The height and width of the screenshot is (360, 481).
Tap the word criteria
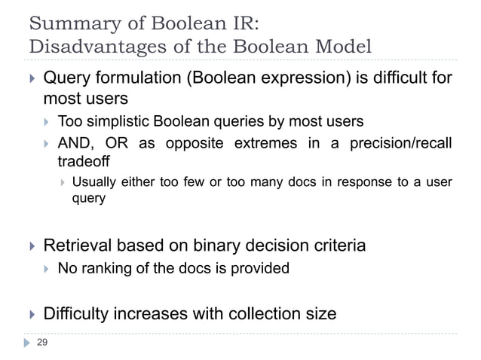[x=337, y=245]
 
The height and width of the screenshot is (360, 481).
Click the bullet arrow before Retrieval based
[x=32, y=246]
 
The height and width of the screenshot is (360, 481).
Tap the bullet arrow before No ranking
[x=48, y=269]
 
